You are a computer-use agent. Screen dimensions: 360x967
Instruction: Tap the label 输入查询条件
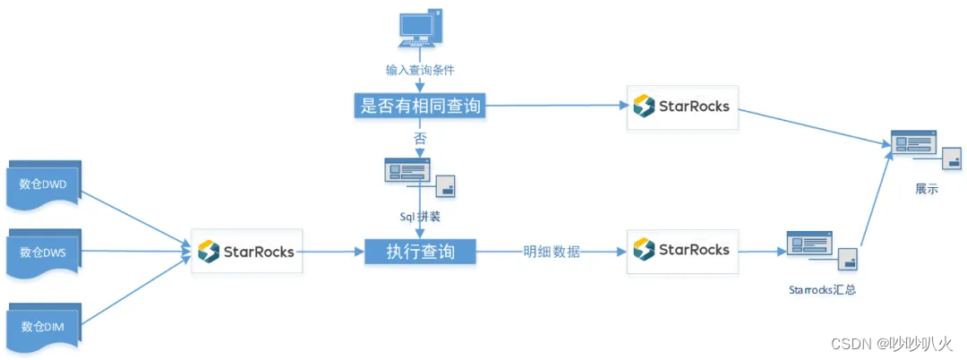420,68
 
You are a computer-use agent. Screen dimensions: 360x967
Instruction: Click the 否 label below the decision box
420,138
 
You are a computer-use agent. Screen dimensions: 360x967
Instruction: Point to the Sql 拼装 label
420,216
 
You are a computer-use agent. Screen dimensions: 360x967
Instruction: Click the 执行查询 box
420,252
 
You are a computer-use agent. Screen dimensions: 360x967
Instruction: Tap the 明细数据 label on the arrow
552,252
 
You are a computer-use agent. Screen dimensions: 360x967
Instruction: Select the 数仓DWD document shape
44,185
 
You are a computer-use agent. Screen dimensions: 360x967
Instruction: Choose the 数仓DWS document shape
44,253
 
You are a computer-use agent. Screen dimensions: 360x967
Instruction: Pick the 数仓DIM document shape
44,326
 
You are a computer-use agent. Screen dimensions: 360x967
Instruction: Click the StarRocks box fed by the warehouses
245,252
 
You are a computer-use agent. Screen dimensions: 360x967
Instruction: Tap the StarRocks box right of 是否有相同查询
682,107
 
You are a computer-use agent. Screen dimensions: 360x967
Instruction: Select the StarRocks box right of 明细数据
682,249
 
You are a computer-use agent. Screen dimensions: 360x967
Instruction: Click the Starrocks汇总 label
822,289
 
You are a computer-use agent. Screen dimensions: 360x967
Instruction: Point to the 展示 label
927,190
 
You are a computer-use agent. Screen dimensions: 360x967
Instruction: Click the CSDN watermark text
890,344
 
